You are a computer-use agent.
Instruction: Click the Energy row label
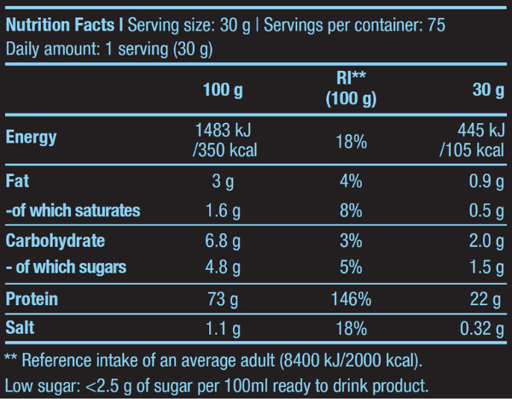[x=32, y=138]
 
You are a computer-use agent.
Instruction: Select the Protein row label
[x=32, y=299]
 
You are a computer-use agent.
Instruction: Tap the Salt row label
[x=23, y=327]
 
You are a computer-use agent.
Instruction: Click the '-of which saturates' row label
[x=73, y=210]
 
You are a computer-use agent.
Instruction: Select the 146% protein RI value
[x=352, y=299]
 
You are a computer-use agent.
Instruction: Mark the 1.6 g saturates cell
[x=226, y=210]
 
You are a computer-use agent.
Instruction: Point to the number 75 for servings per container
[x=435, y=25]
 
